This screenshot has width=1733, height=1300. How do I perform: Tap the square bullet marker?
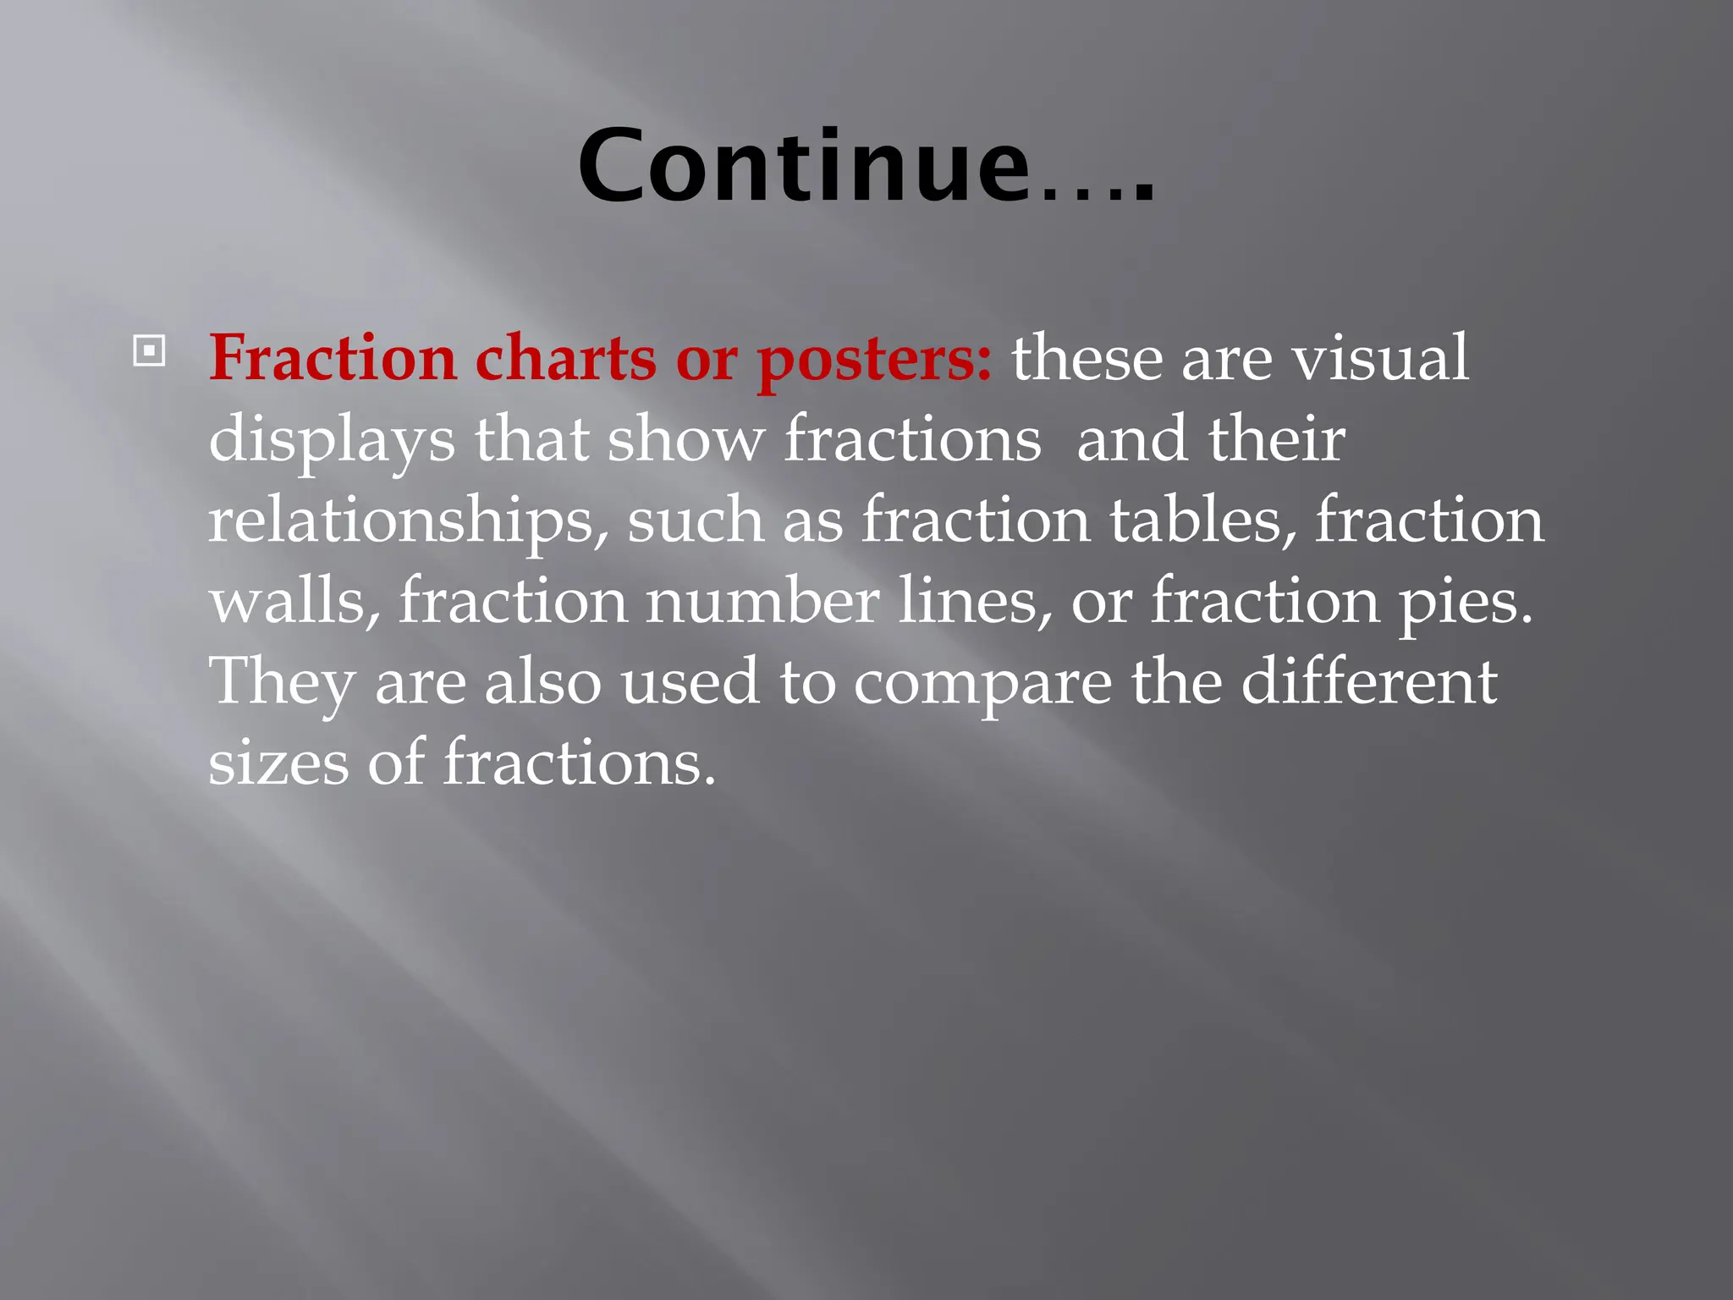tap(149, 350)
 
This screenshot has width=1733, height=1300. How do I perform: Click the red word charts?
tap(565, 358)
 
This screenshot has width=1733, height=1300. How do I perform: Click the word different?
tap(1368, 681)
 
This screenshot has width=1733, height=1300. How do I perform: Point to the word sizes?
tap(278, 763)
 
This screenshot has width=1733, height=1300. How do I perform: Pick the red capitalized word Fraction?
tap(333, 358)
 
